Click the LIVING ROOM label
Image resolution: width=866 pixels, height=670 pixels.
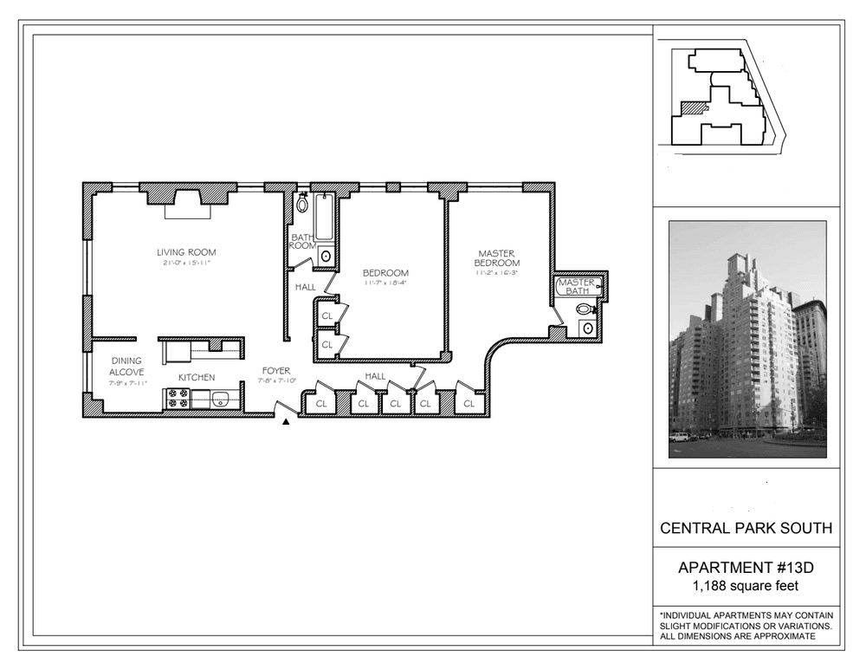tap(186, 252)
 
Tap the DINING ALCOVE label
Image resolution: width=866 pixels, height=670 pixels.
tap(126, 367)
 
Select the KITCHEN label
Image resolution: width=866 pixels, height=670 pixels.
tap(197, 378)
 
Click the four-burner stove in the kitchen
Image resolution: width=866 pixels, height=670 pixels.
tap(177, 399)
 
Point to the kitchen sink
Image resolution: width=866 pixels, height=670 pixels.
tap(221, 399)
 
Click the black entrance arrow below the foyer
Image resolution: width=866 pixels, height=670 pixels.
tap(286, 422)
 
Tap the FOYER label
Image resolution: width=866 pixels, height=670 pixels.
tap(276, 371)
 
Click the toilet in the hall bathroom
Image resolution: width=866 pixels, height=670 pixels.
tap(302, 204)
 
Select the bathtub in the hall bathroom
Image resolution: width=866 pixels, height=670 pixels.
tap(324, 217)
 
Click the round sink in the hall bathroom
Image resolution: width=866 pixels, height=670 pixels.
tap(326, 257)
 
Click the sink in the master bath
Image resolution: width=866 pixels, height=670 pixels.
tap(588, 328)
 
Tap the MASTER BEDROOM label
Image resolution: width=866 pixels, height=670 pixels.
tap(496, 258)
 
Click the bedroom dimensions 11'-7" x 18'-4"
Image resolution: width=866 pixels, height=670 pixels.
tap(385, 283)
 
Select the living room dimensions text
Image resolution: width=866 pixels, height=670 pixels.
tap(187, 263)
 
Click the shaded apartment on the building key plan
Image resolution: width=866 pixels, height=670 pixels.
tap(694, 107)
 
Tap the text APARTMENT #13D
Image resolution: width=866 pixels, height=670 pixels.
tap(746, 568)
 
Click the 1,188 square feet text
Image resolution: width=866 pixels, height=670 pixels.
tap(746, 585)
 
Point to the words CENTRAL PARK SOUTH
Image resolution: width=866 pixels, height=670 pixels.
tap(746, 528)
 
